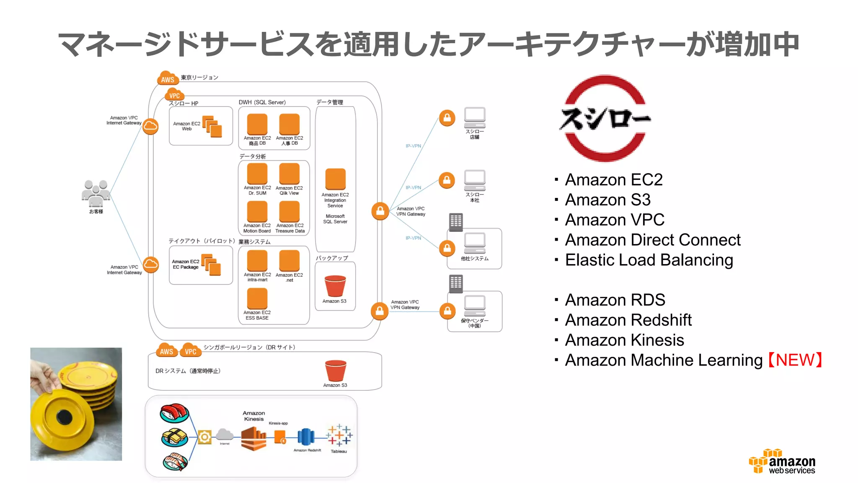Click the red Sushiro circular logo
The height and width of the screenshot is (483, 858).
(605, 118)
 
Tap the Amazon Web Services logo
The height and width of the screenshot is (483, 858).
(782, 462)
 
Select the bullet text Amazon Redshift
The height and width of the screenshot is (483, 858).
(628, 320)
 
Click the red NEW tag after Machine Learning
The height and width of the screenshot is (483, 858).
(795, 360)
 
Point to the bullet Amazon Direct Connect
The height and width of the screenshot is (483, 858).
(652, 240)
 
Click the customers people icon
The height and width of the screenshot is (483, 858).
(96, 193)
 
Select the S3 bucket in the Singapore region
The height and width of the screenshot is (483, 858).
(336, 370)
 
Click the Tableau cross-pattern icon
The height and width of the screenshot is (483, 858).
(339, 435)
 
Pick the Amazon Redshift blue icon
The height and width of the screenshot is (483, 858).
(306, 437)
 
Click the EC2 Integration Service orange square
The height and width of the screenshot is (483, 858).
(335, 179)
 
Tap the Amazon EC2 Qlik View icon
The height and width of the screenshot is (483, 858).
(289, 174)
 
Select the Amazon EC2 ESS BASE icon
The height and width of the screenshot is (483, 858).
(257, 299)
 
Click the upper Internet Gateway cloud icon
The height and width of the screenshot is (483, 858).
(150, 126)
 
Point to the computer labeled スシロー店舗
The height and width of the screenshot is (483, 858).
(475, 117)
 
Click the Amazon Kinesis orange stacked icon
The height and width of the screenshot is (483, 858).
(253, 438)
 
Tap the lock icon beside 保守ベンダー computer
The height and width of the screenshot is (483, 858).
(447, 311)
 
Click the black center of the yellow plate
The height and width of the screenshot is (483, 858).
(65, 416)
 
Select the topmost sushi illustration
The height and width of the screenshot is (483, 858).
(174, 413)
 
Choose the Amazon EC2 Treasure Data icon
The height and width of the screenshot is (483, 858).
(289, 211)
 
